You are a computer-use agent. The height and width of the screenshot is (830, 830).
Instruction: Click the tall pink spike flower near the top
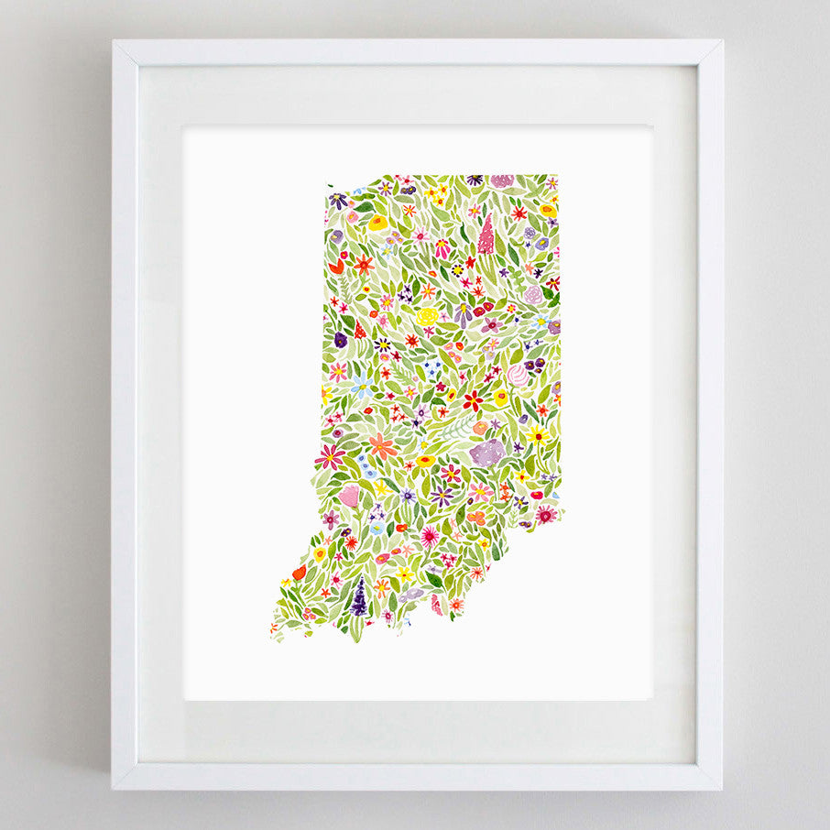click(486, 235)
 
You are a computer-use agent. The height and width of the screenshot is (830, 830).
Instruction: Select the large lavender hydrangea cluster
click(486, 452)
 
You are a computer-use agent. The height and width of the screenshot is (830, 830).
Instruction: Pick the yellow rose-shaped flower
click(427, 316)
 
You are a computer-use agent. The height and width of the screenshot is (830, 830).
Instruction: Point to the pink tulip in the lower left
click(349, 496)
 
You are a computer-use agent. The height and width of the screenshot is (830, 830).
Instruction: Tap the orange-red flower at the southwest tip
click(299, 572)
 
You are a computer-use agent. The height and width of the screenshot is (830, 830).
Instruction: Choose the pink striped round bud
click(518, 375)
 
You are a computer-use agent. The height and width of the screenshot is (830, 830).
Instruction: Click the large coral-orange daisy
click(382, 446)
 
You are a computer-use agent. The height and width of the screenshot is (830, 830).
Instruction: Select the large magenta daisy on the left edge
click(329, 455)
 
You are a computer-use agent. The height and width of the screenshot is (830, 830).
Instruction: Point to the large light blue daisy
click(362, 384)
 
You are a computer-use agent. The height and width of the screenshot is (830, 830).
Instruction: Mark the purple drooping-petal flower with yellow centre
click(442, 496)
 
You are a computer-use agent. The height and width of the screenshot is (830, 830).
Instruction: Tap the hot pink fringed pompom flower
click(429, 536)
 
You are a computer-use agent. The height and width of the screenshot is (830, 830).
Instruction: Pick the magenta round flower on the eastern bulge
click(546, 514)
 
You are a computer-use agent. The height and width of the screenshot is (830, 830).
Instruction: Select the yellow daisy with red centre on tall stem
click(537, 435)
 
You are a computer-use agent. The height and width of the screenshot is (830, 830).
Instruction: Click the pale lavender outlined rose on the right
click(534, 295)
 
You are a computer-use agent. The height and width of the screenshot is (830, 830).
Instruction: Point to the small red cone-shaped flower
click(359, 331)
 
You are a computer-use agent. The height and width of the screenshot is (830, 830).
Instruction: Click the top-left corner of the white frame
click(114, 41)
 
